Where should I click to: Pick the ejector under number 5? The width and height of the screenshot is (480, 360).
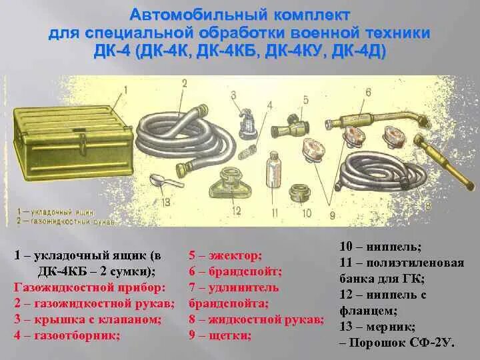pos(294,124)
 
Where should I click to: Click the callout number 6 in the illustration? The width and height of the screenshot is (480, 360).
pos(368,93)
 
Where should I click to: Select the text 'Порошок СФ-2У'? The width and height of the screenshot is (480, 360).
pos(400,343)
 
